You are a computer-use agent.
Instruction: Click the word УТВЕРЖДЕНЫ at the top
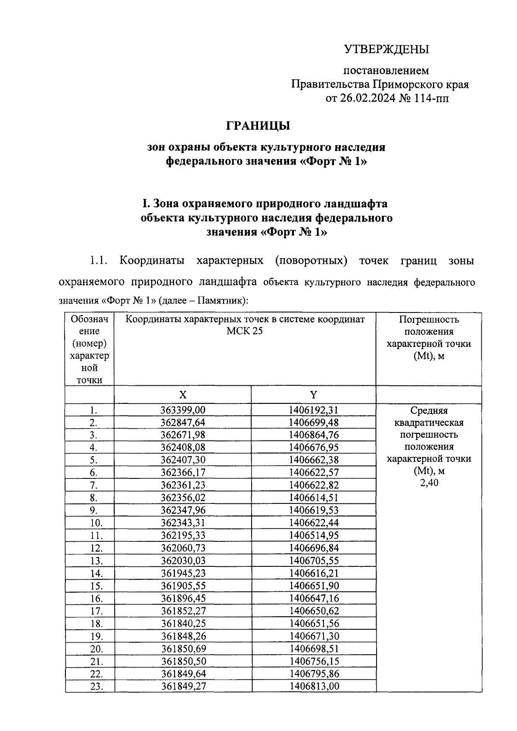386,50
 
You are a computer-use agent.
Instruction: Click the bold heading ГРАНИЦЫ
258,126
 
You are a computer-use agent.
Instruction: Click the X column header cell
183,395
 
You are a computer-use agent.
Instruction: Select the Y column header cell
314,395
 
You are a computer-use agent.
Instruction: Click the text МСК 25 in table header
245,331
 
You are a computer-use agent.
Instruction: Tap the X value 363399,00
183,410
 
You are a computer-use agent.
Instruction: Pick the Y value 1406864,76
314,435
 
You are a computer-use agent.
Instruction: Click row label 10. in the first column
96,523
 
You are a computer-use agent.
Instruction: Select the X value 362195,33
183,535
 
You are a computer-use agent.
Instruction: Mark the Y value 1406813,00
314,686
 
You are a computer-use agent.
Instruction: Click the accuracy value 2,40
429,483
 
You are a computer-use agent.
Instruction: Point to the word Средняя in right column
429,411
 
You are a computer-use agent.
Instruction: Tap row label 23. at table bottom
96,686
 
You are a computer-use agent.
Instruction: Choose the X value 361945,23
183,573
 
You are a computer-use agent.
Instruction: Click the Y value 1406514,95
314,535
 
